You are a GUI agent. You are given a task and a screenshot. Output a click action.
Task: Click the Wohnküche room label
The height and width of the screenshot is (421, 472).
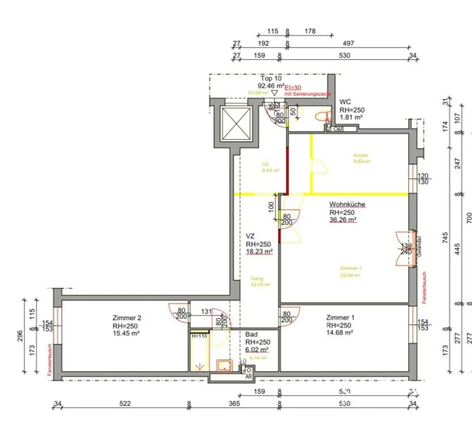coord(347,205)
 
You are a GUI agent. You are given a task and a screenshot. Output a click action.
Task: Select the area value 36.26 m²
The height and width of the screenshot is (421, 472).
coord(343,220)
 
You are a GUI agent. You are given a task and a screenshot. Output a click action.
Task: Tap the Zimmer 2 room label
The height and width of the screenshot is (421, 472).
coord(127,318)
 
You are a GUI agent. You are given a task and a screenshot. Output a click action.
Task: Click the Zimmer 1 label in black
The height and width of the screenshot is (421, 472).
coord(340,317)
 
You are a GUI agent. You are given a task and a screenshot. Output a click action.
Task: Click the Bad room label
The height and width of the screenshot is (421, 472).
coord(251,335)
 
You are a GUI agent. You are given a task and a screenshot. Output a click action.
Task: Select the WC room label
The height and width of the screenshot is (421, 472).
coord(345,102)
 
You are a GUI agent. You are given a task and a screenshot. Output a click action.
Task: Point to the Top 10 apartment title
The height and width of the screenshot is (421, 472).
coord(271,78)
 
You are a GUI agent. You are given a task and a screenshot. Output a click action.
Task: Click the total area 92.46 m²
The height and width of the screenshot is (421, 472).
coord(271,86)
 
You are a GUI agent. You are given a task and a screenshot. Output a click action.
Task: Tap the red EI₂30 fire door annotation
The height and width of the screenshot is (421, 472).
coord(293,88)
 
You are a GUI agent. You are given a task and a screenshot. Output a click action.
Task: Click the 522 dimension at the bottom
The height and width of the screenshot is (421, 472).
coord(125,404)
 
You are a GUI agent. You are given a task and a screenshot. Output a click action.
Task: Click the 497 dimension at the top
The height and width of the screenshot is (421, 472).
coord(348,44)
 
